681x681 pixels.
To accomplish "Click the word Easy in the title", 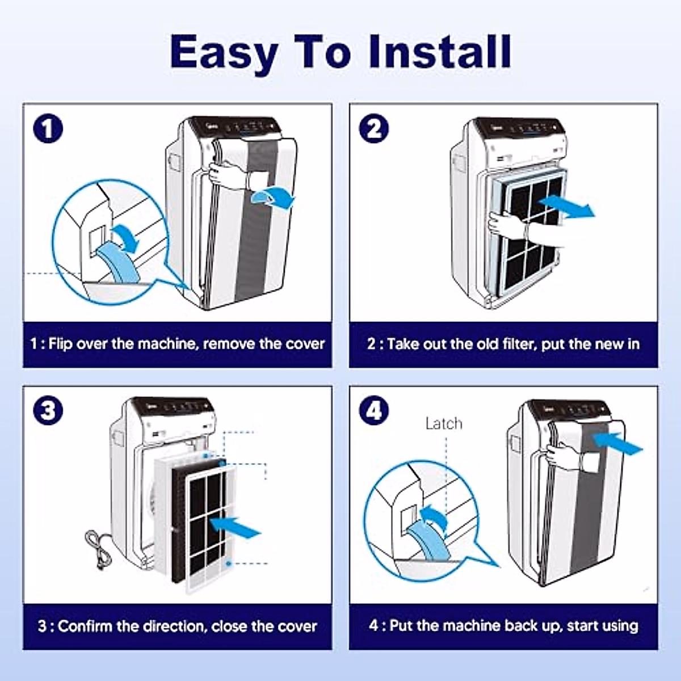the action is tap(224, 53).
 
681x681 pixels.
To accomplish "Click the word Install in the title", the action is tap(439, 51).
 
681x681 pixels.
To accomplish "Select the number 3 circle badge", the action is tap(48, 411).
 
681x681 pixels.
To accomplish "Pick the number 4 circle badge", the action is tap(374, 411).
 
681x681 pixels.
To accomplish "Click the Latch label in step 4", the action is tap(444, 423).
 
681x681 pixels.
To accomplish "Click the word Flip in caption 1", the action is tap(60, 344).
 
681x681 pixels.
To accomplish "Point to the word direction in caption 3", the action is tap(171, 627).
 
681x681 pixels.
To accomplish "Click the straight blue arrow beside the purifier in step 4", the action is tap(617, 443).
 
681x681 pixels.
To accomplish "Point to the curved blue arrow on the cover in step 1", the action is tap(273, 198).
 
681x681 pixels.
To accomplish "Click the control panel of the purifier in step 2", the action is tap(519, 128).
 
